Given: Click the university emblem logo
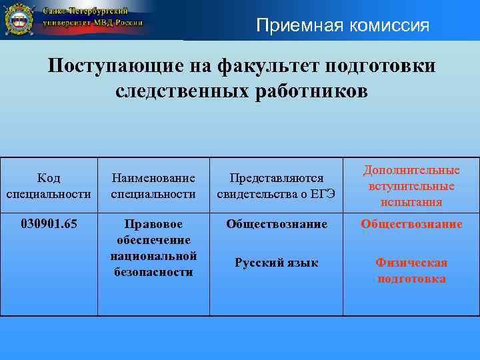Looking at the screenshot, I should coord(20,20).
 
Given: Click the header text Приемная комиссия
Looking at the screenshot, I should coord(343,26).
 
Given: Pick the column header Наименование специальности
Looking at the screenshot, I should coord(153,186).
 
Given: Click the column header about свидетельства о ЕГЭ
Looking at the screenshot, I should coord(277,186).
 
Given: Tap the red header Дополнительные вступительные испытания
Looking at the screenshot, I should coord(411,186).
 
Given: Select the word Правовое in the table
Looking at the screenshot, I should coord(153,224).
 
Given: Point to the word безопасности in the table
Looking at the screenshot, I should coord(153,272).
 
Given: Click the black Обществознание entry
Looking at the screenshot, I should coord(277,224).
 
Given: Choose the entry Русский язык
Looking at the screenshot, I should coord(277,263).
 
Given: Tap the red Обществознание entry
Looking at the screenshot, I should coord(411,224).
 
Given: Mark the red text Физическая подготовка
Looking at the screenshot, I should coord(411,271).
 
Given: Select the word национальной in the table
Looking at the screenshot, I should coord(153,256).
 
